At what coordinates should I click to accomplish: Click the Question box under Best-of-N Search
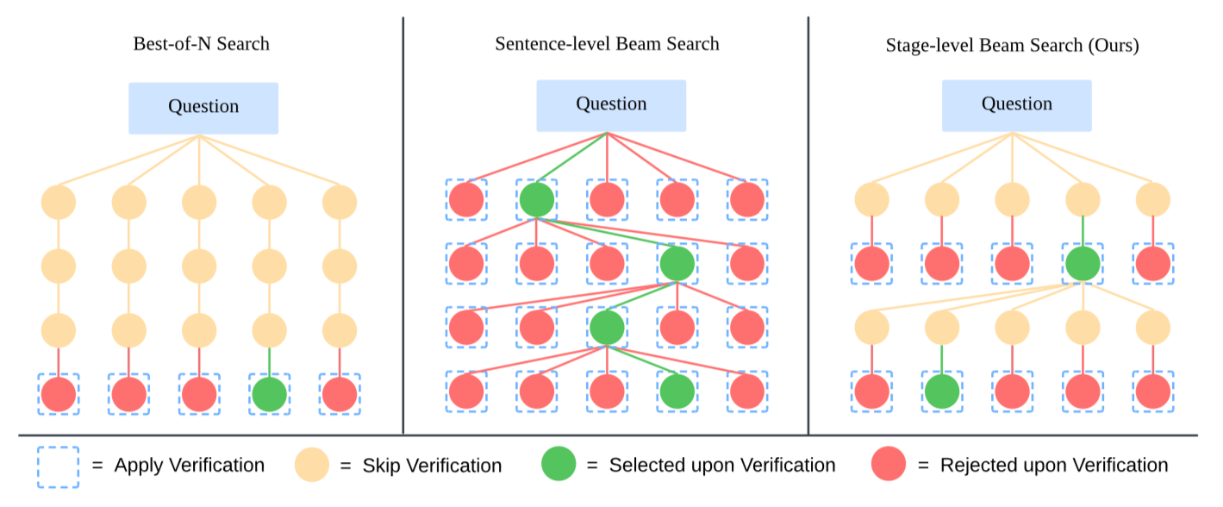pyautogui.click(x=203, y=108)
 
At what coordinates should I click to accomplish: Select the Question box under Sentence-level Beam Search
pyautogui.click(x=611, y=105)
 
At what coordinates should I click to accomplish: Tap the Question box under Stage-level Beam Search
pyautogui.click(x=1017, y=105)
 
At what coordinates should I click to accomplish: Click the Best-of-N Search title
pyautogui.click(x=202, y=44)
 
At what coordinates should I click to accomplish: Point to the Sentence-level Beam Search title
pyautogui.click(x=607, y=44)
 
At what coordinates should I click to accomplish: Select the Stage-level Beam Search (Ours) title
pyautogui.click(x=1012, y=45)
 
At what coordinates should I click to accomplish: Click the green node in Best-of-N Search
pyautogui.click(x=269, y=394)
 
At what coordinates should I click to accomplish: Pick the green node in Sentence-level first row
pyautogui.click(x=537, y=199)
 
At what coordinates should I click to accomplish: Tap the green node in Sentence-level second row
pyautogui.click(x=677, y=263)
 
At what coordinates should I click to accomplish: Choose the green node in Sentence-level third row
pyautogui.click(x=607, y=328)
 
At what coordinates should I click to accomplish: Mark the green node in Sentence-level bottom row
pyautogui.click(x=677, y=391)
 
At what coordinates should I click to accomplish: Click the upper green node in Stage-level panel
pyautogui.click(x=1083, y=263)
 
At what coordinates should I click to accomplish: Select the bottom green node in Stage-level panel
pyautogui.click(x=942, y=391)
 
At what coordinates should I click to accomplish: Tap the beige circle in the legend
pyautogui.click(x=312, y=465)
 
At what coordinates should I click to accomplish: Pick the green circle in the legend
pyautogui.click(x=558, y=463)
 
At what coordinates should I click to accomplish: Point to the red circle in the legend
pyautogui.click(x=889, y=463)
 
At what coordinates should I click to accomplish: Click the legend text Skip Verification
pyautogui.click(x=432, y=466)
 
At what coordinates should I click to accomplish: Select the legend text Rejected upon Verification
pyautogui.click(x=1054, y=465)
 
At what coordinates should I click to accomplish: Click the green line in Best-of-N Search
pyautogui.click(x=269, y=362)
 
